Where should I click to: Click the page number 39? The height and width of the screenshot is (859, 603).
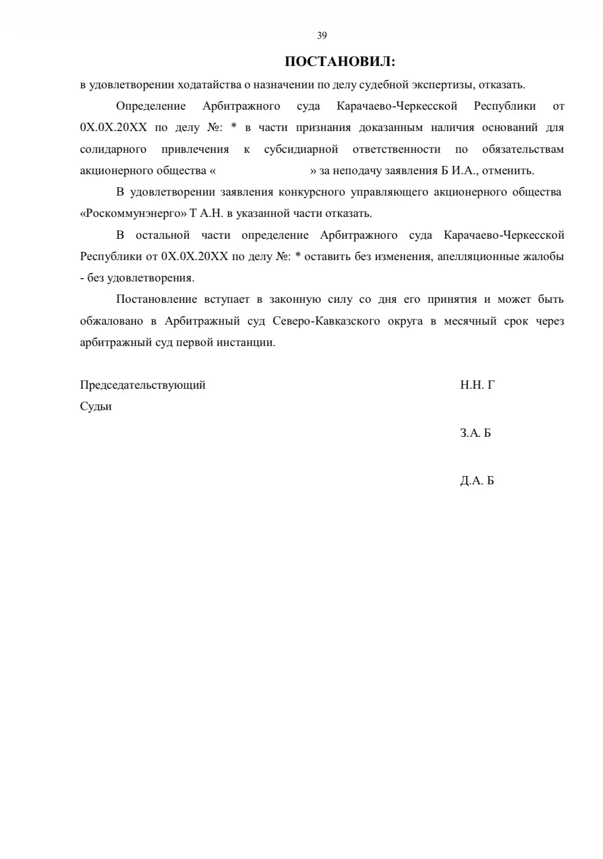point(322,35)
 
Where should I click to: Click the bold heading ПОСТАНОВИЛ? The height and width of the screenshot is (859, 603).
point(340,62)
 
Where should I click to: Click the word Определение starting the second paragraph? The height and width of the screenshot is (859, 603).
point(151,106)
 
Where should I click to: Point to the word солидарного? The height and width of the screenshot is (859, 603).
point(113,149)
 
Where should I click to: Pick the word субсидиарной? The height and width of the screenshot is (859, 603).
point(301,149)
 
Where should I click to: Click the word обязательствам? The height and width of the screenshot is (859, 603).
point(523,149)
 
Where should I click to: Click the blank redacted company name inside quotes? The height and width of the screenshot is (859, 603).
point(262,171)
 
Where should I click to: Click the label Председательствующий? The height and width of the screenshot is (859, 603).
point(143,385)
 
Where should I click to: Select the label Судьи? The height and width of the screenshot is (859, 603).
point(95,407)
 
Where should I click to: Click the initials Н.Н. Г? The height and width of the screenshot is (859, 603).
point(477,385)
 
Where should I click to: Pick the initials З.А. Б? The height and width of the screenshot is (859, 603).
point(475,433)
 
